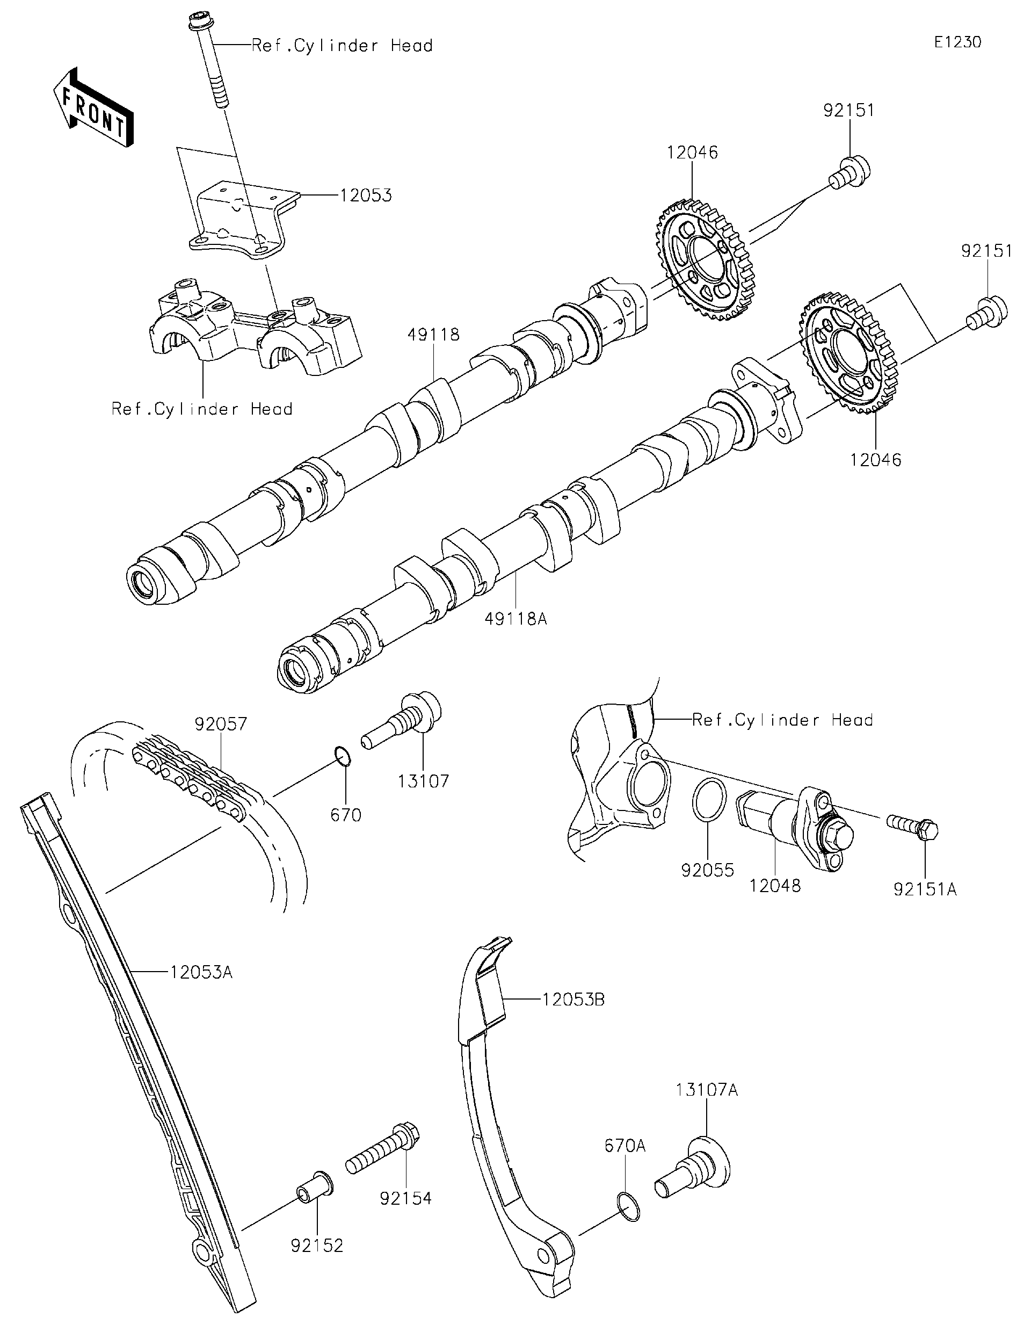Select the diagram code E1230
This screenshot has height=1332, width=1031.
[x=957, y=42]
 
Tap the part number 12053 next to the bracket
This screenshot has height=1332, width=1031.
[x=365, y=196]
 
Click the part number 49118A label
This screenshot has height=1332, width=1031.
[x=515, y=619]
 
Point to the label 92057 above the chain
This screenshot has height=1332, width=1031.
[x=221, y=724]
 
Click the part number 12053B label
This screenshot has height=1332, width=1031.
[x=572, y=1000]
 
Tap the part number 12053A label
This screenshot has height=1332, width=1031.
[x=201, y=972]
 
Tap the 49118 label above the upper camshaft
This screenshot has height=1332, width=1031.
[x=433, y=335]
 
